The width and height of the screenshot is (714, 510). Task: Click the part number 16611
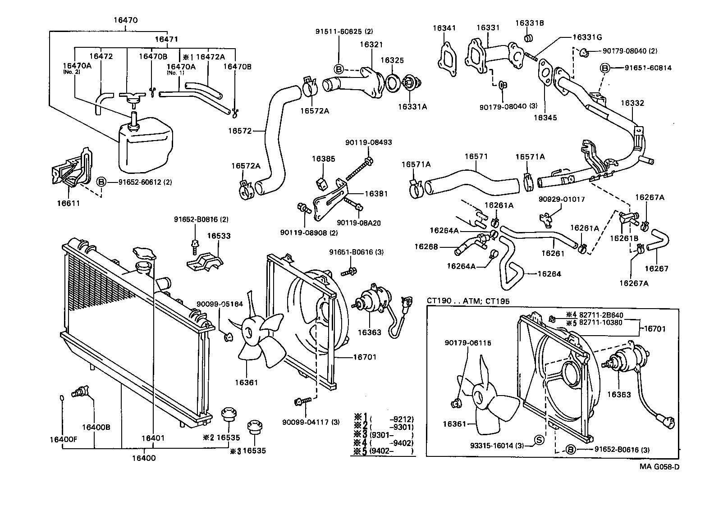[x=68, y=203]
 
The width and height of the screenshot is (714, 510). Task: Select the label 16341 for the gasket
[x=444, y=28]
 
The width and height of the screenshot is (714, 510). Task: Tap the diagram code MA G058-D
[x=659, y=467]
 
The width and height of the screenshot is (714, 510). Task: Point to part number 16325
[x=392, y=60]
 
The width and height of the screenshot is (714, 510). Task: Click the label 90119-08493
[x=369, y=142]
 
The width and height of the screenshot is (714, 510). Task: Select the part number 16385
[x=323, y=159]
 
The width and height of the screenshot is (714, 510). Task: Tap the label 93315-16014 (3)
[x=497, y=446]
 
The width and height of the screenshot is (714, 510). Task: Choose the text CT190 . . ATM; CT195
[x=468, y=301]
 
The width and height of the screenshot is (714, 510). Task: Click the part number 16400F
[x=64, y=439]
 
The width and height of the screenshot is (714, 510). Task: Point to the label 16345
[x=545, y=118]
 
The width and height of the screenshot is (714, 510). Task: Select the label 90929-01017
[x=561, y=199]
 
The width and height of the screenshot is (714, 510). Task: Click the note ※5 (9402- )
[x=383, y=451]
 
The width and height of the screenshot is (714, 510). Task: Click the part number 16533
[x=219, y=236]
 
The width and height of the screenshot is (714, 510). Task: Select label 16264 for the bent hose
[x=549, y=274]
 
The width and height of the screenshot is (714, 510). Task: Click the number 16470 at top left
[x=125, y=20]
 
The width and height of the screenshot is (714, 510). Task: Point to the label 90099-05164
[x=220, y=305]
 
